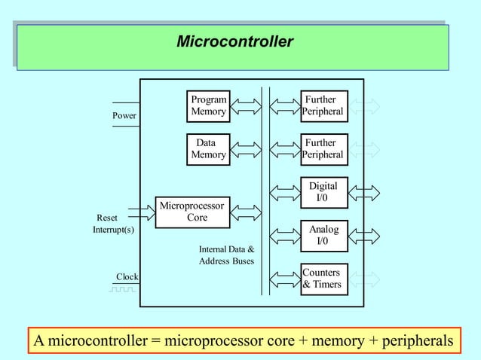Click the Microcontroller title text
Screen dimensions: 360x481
click(x=234, y=41)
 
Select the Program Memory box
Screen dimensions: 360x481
click(x=208, y=105)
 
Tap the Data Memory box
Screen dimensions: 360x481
click(x=208, y=148)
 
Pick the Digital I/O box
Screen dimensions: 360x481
click(x=323, y=192)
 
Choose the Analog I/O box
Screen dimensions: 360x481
click(x=323, y=235)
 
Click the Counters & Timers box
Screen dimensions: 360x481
click(x=323, y=279)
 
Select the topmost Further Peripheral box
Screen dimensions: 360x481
click(x=323, y=105)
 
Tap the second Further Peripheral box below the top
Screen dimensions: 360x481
click(x=323, y=148)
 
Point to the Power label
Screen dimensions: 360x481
click(x=124, y=116)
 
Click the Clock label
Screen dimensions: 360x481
click(x=127, y=277)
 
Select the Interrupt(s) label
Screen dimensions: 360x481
click(x=114, y=230)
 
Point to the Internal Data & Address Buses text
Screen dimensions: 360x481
click(x=226, y=255)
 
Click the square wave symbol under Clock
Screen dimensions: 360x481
click(x=124, y=288)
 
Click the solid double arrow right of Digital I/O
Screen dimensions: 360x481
click(x=364, y=192)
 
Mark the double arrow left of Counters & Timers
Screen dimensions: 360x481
click(x=285, y=279)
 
